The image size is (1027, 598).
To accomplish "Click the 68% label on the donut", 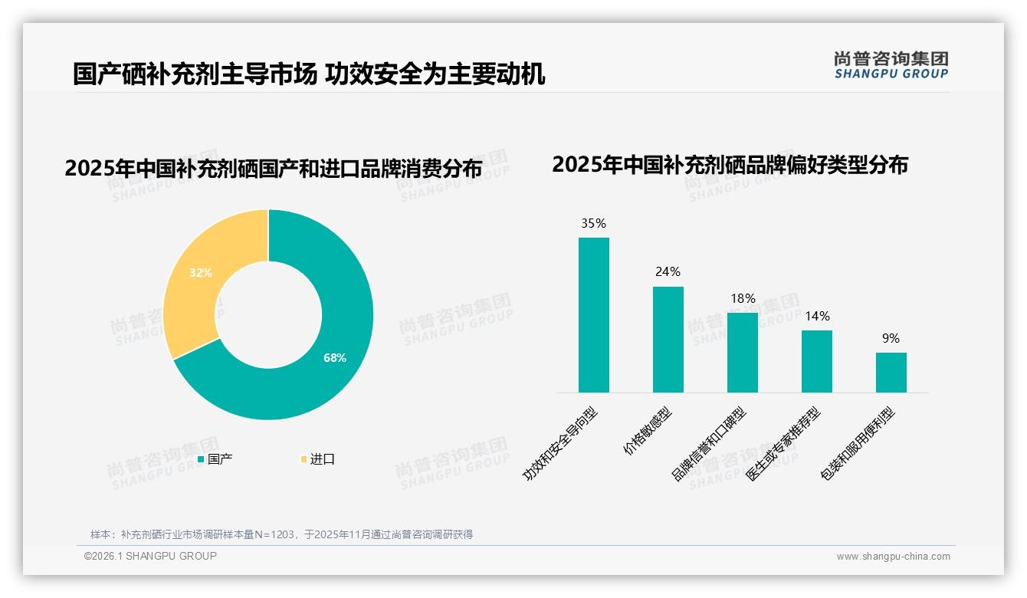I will coord(335,358).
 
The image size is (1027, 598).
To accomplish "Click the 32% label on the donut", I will coord(201,272).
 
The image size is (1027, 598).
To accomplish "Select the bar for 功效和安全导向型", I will coord(594,315).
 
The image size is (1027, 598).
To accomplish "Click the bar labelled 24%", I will coord(668,340).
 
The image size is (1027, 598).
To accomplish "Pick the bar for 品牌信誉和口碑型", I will coord(742,353).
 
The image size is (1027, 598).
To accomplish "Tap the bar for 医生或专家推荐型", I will coord(816,361).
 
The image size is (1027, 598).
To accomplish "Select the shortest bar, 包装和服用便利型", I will coord(891,373).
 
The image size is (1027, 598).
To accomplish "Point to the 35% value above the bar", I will coord(594,224).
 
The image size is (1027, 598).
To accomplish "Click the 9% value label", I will coord(891,338).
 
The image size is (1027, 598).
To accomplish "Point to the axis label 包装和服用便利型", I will coord(858,445).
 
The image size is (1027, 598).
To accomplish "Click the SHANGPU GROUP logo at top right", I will coord(891,64).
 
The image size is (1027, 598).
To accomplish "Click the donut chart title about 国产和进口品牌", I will coord(274,169).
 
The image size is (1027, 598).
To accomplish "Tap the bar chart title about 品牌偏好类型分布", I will coord(730,164).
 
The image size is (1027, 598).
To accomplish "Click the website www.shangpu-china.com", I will coord(893,557).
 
